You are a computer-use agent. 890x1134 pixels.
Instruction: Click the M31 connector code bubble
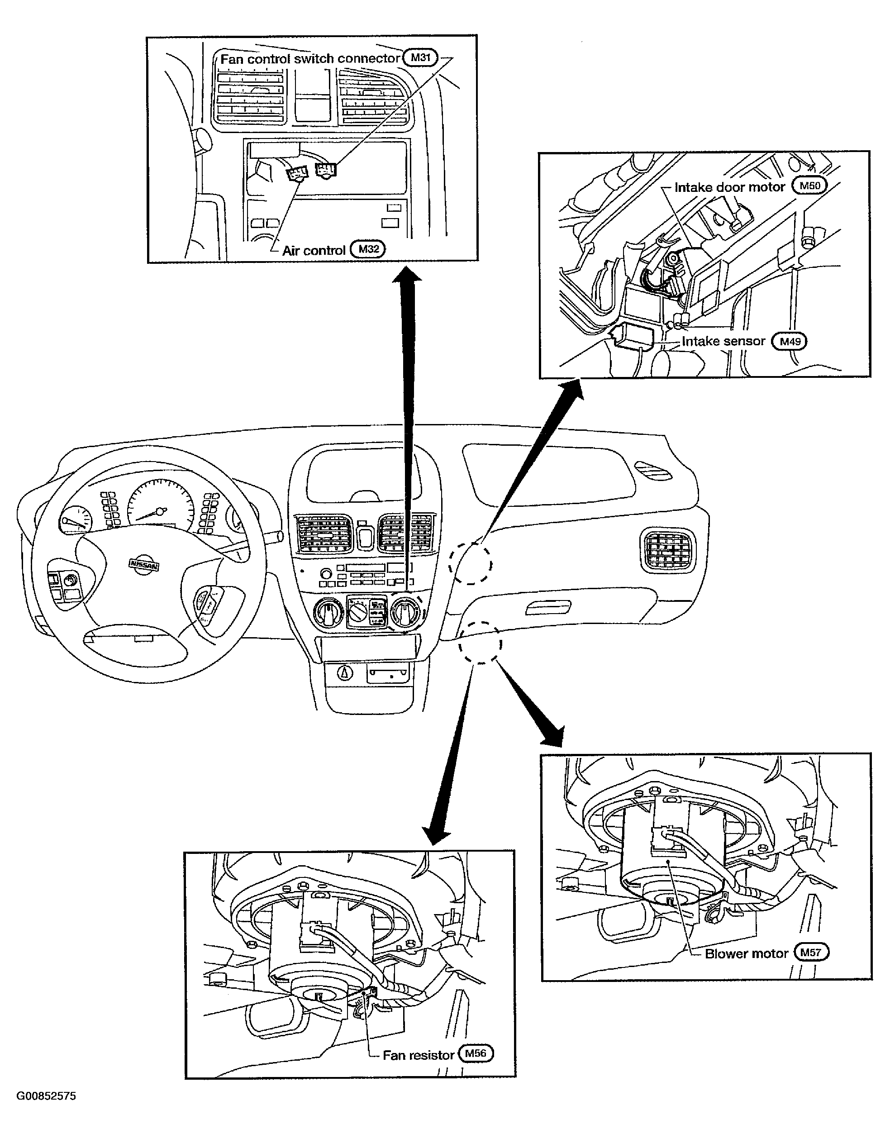[420, 57]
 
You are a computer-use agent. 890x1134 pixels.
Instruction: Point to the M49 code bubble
[790, 341]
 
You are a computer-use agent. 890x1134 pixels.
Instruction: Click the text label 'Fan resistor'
[419, 1055]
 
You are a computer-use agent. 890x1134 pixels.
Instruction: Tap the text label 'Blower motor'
[746, 954]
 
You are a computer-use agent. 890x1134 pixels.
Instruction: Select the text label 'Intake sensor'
[723, 341]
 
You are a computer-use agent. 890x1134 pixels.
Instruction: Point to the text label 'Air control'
[314, 251]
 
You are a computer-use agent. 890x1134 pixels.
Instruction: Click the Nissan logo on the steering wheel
[144, 565]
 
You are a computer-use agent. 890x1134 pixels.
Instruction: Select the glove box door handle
[549, 608]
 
